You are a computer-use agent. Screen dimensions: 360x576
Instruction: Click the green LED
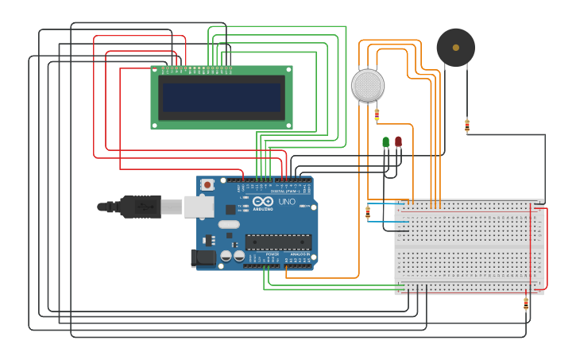[x=386, y=142]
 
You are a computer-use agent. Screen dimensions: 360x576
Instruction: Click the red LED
[x=398, y=142]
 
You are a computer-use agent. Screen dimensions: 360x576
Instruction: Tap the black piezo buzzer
[x=456, y=48]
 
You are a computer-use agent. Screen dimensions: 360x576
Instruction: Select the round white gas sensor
[x=368, y=86]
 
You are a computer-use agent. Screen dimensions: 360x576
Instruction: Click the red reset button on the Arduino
[x=207, y=184]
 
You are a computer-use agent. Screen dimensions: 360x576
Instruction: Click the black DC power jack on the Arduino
[x=204, y=257]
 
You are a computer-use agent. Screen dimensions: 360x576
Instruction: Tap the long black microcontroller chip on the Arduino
[x=278, y=242]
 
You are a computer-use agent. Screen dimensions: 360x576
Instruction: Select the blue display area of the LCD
[x=222, y=98]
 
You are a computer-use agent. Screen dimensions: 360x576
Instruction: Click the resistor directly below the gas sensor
[x=377, y=114]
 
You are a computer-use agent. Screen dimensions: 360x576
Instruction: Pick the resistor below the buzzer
[x=467, y=126]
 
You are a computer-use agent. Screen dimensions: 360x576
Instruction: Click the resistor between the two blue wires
[x=367, y=212]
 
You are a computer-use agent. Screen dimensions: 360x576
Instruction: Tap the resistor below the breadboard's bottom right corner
[x=526, y=303]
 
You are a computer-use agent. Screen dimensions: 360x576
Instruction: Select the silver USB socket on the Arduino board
[x=199, y=207]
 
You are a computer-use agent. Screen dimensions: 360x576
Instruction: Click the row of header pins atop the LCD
[x=196, y=69]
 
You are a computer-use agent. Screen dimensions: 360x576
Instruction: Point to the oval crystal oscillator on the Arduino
[x=229, y=224]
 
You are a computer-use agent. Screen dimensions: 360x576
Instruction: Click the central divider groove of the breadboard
[x=469, y=247]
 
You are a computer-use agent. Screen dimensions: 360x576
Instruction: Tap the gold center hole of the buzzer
[x=456, y=48]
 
